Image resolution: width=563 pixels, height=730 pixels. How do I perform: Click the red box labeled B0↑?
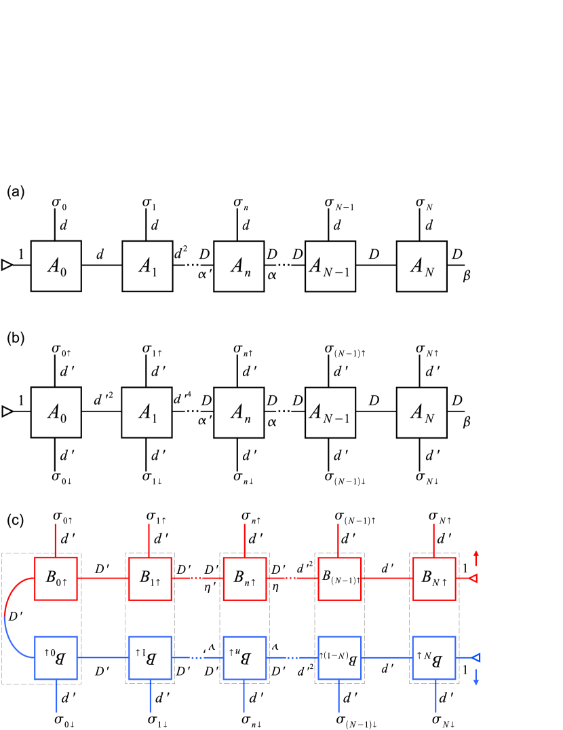click(x=56, y=579)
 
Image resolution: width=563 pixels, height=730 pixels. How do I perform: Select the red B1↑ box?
click(x=150, y=579)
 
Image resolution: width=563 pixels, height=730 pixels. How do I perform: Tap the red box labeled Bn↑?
click(x=244, y=579)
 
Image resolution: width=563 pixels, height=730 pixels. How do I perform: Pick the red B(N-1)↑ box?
click(x=339, y=579)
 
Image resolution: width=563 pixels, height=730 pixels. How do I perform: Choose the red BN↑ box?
click(x=434, y=579)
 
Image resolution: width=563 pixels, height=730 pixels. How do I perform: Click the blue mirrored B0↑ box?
click(x=56, y=657)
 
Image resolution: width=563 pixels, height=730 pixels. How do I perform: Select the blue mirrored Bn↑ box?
click(x=244, y=657)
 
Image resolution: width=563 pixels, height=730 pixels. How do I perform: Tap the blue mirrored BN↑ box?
click(x=434, y=657)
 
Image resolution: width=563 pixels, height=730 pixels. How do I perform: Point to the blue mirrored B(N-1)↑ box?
click(x=339, y=657)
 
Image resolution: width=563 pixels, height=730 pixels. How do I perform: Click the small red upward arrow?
click(x=475, y=557)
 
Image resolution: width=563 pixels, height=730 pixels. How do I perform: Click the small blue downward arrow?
click(x=475, y=678)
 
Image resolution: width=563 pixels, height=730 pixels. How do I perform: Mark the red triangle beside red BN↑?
click(x=473, y=579)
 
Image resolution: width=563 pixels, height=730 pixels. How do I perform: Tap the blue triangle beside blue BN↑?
click(x=475, y=657)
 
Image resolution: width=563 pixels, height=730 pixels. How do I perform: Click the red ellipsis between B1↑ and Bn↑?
click(x=197, y=579)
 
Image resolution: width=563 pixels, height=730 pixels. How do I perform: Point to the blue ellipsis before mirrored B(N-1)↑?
click(x=291, y=657)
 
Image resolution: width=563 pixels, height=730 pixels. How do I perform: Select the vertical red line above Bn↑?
click(x=244, y=540)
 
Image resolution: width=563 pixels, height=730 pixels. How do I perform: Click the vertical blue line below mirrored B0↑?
click(x=56, y=696)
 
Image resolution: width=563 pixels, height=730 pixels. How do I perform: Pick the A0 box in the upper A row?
click(x=56, y=266)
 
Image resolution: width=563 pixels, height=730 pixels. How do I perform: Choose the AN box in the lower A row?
click(x=421, y=412)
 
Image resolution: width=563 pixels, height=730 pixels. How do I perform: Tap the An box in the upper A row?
click(x=239, y=266)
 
